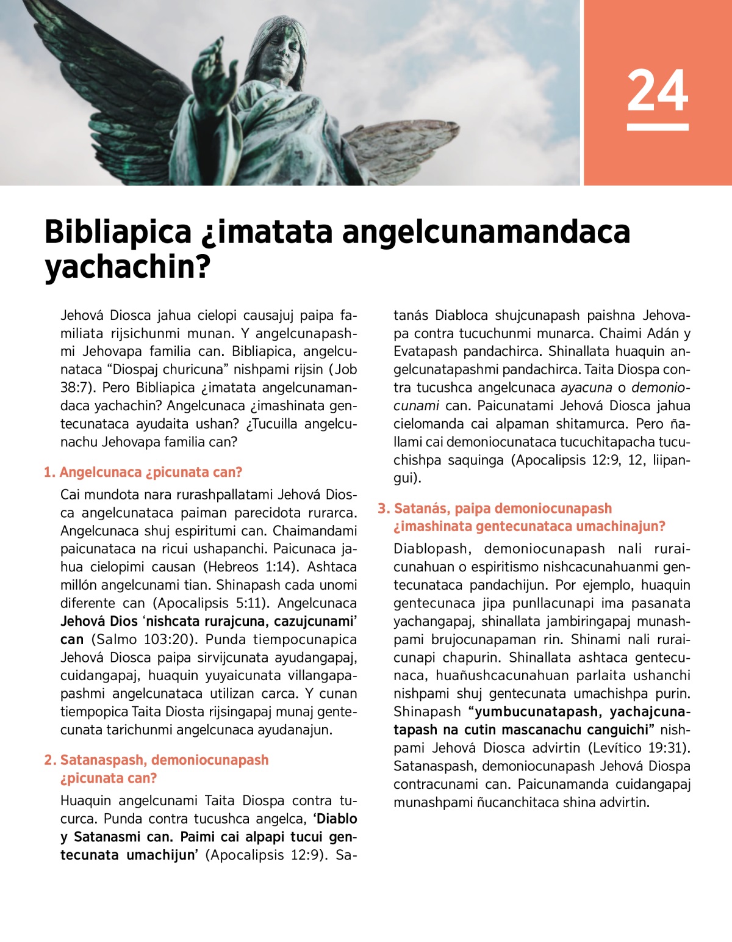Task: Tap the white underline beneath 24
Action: (658, 127)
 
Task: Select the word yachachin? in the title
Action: (127, 267)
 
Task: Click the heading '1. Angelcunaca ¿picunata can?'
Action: (143, 472)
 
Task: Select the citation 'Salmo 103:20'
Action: (145, 639)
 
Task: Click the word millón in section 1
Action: (78, 585)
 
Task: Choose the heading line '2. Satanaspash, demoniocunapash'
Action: (157, 760)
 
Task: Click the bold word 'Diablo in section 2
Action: (335, 819)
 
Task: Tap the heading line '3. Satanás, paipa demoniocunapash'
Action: (495, 509)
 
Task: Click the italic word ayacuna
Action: (586, 388)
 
